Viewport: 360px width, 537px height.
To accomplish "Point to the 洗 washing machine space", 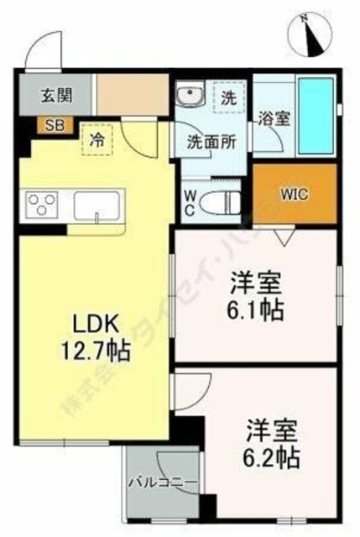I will tap(228, 96).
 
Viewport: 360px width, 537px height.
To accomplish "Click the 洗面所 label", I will tap(211, 141).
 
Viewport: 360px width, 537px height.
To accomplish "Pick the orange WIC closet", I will tap(295, 194).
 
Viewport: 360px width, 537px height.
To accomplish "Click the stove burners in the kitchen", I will tap(43, 205).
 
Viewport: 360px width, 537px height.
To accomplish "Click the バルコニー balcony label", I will tap(163, 483).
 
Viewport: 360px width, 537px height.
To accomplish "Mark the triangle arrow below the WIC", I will tap(284, 237).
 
